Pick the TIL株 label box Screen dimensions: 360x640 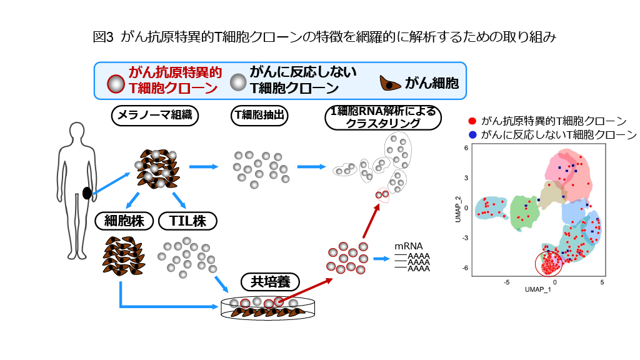tap(187, 221)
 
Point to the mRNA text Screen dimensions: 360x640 tap(409, 246)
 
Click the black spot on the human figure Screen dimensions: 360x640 tap(87, 193)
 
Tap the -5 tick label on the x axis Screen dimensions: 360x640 tap(507, 282)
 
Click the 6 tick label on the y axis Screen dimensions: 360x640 tap(466, 149)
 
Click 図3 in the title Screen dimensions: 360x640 tap(102, 37)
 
